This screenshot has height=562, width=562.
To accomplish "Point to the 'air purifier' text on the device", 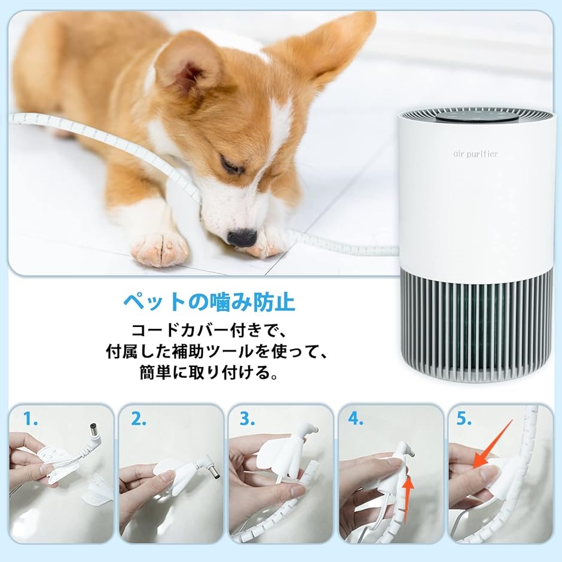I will (475, 154).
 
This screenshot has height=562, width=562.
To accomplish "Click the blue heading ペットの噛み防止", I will (209, 301).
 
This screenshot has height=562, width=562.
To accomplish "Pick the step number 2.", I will (139, 419).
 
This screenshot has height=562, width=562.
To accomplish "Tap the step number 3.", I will (248, 419).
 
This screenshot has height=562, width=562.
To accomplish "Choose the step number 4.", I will (356, 419).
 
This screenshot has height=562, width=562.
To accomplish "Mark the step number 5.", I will (465, 419).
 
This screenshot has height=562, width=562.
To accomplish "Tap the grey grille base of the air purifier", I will (476, 326).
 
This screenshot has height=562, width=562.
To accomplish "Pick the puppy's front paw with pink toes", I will (160, 248).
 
